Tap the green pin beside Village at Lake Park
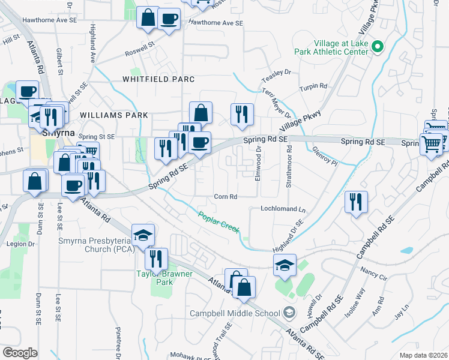(x=378, y=46)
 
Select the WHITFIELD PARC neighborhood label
(x=158, y=79)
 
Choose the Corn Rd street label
(x=226, y=196)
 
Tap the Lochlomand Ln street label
(x=283, y=210)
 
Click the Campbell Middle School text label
(x=235, y=313)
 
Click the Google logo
(x=20, y=353)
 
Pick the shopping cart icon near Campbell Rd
(x=431, y=144)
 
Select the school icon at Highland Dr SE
(x=285, y=264)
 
